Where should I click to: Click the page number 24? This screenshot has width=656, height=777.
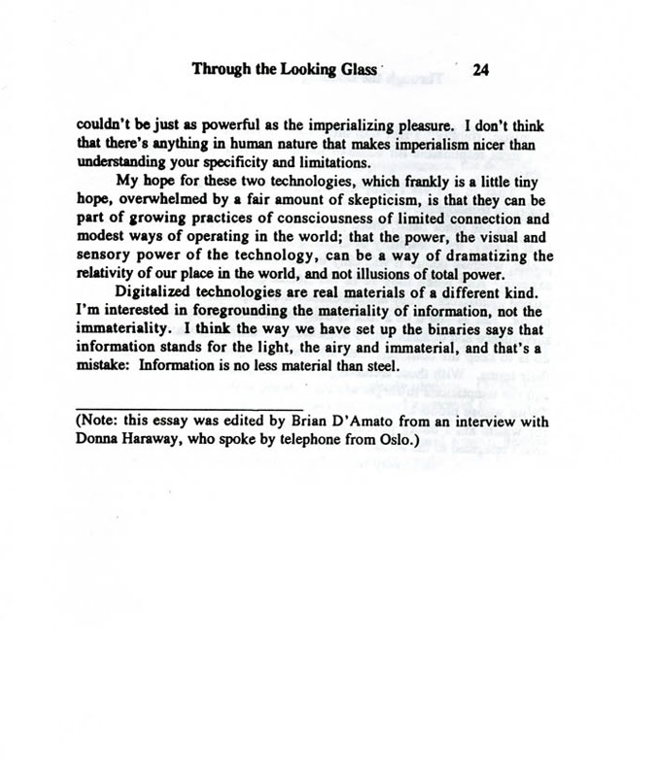click(x=483, y=69)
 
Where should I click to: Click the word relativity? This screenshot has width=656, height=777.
click(x=108, y=274)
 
